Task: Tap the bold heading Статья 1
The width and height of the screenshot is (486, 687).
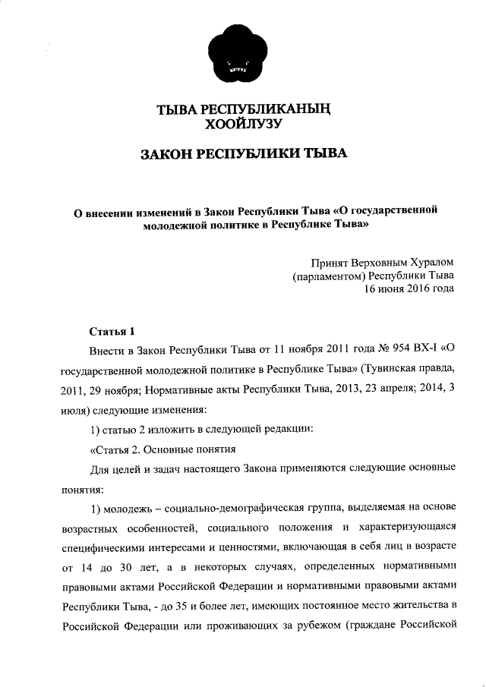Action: pos(112,331)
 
